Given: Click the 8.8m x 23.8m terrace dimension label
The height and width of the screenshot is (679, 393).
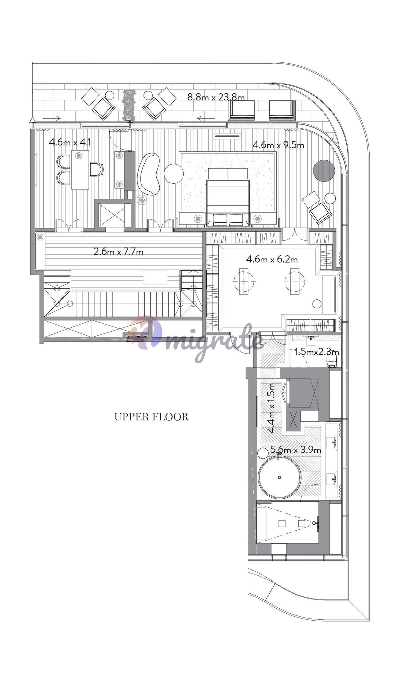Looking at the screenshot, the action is [x=216, y=97].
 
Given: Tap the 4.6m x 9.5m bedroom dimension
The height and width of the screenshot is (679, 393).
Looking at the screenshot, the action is [x=278, y=145].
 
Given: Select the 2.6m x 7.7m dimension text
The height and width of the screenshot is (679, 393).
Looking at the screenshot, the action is [x=119, y=252].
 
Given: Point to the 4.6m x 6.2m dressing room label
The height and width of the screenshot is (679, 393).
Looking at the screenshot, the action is [x=272, y=259].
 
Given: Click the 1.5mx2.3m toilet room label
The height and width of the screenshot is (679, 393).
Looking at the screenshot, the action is [x=317, y=352].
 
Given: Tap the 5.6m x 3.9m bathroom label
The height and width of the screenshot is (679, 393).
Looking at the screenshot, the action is [x=296, y=450].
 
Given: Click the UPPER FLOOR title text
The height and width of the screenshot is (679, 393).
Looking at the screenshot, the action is [x=151, y=417].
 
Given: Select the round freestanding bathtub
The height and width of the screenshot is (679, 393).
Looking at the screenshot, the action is [x=279, y=477].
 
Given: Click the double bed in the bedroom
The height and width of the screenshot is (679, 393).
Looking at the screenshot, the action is [x=228, y=197].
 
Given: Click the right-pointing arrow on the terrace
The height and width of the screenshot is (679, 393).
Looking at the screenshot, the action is [x=52, y=118].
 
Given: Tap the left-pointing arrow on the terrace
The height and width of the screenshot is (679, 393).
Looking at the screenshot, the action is [x=206, y=118].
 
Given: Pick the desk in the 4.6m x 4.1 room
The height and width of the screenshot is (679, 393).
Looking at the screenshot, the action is [x=80, y=170].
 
